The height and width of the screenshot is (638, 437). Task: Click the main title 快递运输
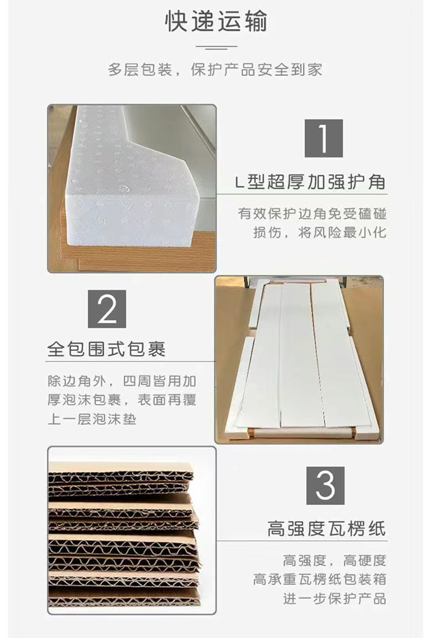pyautogui.click(x=216, y=22)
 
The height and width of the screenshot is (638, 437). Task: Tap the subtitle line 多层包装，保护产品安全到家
pyautogui.click(x=215, y=70)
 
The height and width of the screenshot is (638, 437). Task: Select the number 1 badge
pyautogui.click(x=324, y=138)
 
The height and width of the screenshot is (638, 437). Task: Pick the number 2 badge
pyautogui.click(x=107, y=309)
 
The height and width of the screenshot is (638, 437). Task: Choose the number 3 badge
pyautogui.click(x=325, y=485)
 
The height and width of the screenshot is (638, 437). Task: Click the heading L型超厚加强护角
pyautogui.click(x=311, y=182)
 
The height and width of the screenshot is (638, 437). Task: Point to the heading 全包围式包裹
pyautogui.click(x=107, y=349)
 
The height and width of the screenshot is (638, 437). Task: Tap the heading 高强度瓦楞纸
pyautogui.click(x=326, y=529)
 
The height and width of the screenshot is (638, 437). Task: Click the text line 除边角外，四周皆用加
pyautogui.click(x=122, y=382)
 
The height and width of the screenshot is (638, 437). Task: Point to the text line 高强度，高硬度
pyautogui.click(x=334, y=561)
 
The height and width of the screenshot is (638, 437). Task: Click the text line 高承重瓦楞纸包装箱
pyautogui.click(x=319, y=579)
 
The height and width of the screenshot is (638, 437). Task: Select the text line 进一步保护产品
pyautogui.click(x=334, y=598)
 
